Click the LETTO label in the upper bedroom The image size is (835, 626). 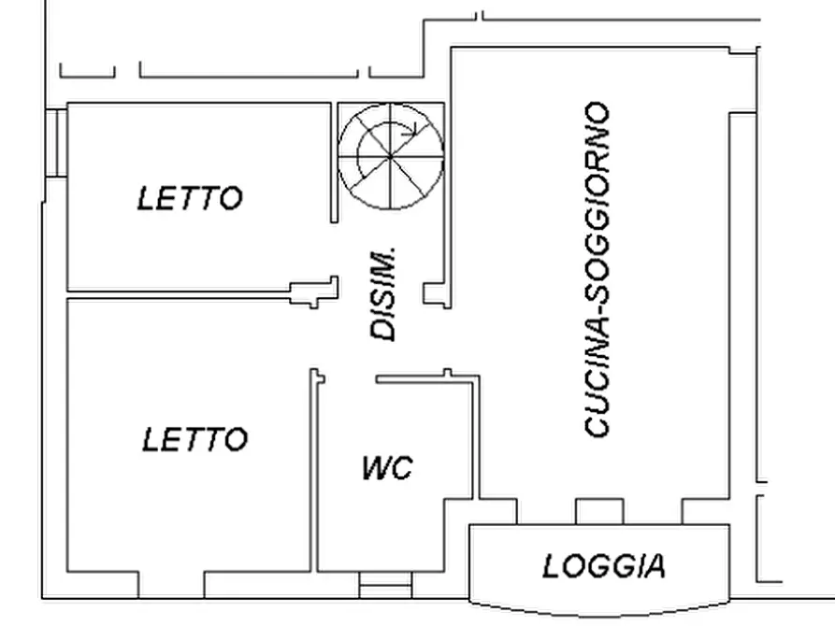point(190,198)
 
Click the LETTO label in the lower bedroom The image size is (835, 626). point(194,439)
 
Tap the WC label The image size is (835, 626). point(387,468)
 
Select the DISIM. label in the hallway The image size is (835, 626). point(383,293)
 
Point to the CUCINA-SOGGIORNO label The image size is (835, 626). point(597,269)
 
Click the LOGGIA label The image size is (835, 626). point(604,566)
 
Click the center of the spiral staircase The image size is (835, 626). point(391,156)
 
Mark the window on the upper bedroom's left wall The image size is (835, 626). point(56,143)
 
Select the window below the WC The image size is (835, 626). point(385,586)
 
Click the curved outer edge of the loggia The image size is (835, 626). point(599,611)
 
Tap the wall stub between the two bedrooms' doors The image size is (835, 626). point(314,292)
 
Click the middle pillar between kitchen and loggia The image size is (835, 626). point(599,511)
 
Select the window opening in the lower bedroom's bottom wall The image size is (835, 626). point(171,586)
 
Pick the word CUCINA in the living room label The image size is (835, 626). point(597,377)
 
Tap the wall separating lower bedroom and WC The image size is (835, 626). point(314,471)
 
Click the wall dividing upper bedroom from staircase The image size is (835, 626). point(335,163)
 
